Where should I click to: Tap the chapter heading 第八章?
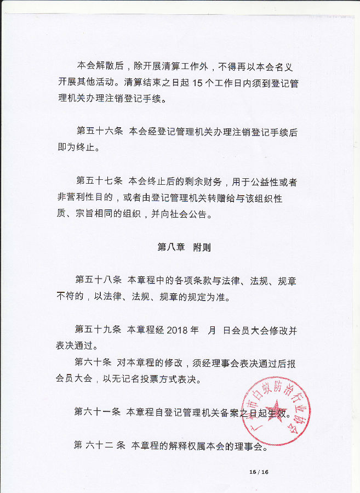(x=170, y=248)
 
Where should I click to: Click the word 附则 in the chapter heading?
(x=202, y=248)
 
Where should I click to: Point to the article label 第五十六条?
(x=99, y=132)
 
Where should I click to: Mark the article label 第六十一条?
(x=98, y=412)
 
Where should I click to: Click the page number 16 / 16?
(x=258, y=472)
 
